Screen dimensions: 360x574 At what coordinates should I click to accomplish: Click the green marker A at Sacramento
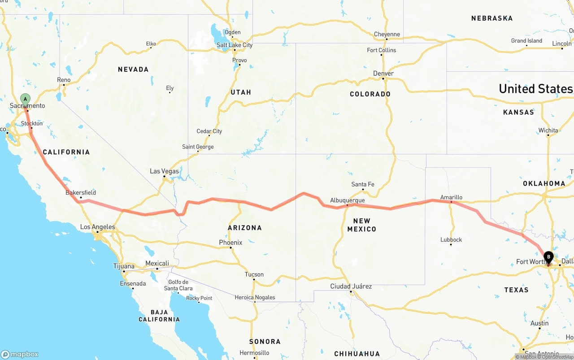[26, 99]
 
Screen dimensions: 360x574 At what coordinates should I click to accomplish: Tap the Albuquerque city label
[347, 200]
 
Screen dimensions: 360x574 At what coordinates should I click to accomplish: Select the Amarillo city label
[451, 197]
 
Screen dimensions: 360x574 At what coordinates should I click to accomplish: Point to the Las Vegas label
[164, 171]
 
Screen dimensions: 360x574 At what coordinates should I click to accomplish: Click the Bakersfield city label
[81, 193]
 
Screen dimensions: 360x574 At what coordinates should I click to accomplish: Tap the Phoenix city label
[230, 243]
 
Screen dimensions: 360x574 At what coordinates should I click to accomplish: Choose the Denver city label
[383, 74]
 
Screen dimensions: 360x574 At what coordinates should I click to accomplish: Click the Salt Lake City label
[235, 45]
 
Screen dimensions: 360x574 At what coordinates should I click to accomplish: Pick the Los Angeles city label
[97, 227]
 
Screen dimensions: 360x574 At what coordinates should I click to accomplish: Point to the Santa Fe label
[362, 184]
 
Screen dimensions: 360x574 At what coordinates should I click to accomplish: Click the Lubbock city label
[451, 240]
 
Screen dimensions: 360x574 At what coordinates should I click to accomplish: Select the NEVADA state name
[133, 69]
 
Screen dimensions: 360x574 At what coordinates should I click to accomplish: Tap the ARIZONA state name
[245, 228]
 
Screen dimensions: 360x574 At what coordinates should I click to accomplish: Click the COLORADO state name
[370, 94]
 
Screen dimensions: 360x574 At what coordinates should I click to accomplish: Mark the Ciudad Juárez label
[351, 286]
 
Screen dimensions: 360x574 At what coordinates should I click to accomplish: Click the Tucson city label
[254, 274]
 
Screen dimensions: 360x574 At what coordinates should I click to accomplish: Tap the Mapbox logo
[20, 354]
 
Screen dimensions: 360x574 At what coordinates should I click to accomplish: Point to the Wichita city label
[548, 130]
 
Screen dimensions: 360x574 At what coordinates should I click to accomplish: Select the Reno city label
[64, 80]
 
